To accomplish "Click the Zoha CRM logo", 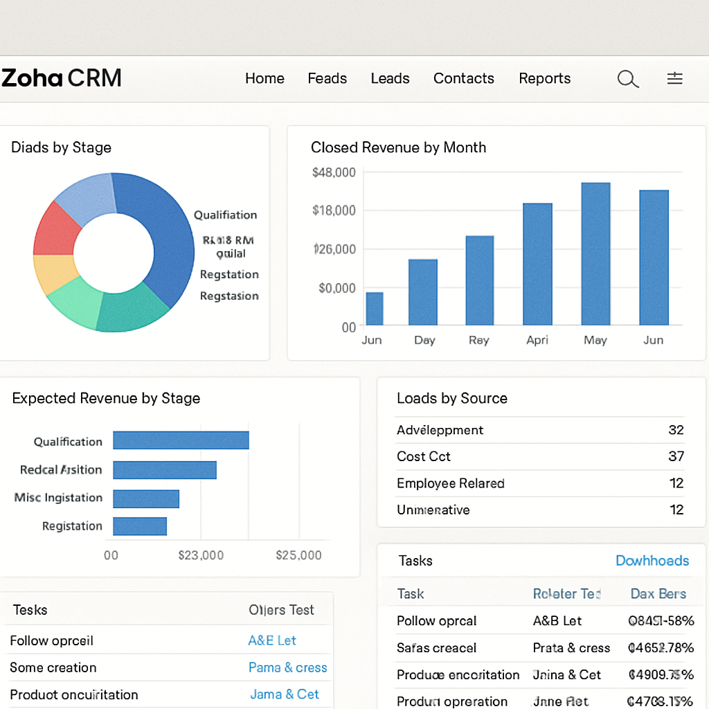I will (62, 78).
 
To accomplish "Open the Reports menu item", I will (544, 78).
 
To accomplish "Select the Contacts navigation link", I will (463, 78).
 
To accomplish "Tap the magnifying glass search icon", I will (627, 79).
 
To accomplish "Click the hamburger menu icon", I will (674, 78).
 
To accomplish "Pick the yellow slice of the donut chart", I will (54, 273).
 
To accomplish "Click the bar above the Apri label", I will (537, 264).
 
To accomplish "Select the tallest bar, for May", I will (595, 253).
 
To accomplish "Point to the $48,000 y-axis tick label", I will (334, 172).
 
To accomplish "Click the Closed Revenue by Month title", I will (398, 147).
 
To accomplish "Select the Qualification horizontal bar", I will (181, 440).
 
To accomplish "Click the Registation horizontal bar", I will (140, 526).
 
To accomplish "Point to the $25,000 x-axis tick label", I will (298, 555).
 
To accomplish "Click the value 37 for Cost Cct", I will (676, 456).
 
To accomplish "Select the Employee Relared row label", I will (450, 483).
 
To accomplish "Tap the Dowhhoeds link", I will (652, 561).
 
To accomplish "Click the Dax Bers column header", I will (658, 593).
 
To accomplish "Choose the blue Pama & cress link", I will (287, 667).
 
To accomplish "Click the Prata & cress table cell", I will (571, 648).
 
